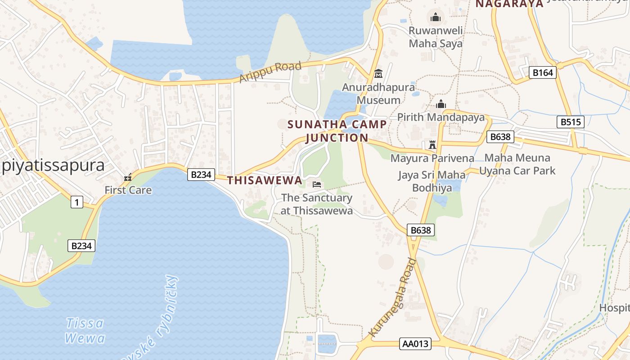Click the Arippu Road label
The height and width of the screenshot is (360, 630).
(x=270, y=72)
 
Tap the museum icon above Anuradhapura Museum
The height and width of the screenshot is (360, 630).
(x=378, y=73)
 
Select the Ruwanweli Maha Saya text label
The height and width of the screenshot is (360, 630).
(x=435, y=37)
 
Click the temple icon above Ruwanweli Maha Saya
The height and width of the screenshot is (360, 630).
(x=435, y=18)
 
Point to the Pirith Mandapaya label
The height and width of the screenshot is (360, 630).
(x=441, y=117)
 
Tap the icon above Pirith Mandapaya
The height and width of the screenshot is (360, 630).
(x=441, y=104)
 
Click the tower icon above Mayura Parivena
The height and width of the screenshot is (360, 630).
(x=432, y=145)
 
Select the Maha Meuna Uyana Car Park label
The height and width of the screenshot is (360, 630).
(x=517, y=164)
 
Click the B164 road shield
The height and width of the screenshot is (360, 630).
(x=542, y=72)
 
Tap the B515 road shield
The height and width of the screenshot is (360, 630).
(x=570, y=122)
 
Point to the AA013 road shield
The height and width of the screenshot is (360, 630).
(x=415, y=344)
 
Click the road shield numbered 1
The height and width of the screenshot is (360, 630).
(x=77, y=202)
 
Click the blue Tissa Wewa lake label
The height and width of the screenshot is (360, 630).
(x=85, y=330)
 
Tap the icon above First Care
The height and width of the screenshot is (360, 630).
(x=128, y=178)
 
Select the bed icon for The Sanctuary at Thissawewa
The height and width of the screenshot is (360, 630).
(x=317, y=184)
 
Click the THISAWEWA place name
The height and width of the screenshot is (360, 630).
(x=265, y=180)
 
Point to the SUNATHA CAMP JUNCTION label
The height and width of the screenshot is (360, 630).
(x=337, y=131)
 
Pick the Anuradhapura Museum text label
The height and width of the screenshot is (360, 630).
(x=378, y=94)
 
